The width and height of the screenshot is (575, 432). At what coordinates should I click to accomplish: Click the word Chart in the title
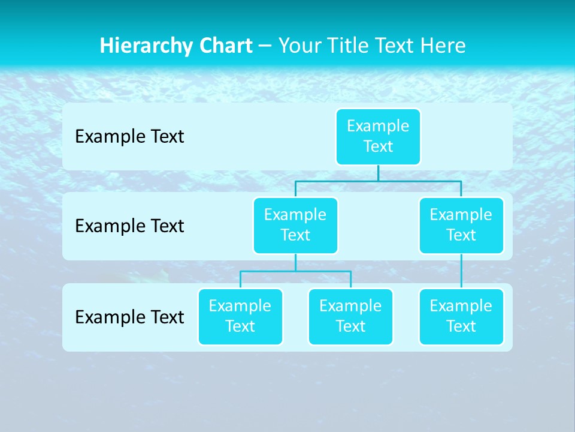pyautogui.click(x=225, y=46)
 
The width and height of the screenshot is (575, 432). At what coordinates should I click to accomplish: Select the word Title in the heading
pyautogui.click(x=345, y=46)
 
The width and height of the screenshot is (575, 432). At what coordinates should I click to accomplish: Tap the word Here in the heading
pyautogui.click(x=443, y=46)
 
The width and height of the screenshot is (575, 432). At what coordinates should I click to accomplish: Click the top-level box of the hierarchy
pyautogui.click(x=378, y=136)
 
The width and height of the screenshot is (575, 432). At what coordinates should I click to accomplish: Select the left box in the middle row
pyautogui.click(x=295, y=225)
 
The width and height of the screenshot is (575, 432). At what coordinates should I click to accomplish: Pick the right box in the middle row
pyautogui.click(x=461, y=225)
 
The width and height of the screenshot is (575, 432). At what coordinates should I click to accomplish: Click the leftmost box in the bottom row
pyautogui.click(x=240, y=316)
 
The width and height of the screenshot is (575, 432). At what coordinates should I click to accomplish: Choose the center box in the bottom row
pyautogui.click(x=350, y=316)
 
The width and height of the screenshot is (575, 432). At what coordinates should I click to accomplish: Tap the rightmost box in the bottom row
pyautogui.click(x=461, y=316)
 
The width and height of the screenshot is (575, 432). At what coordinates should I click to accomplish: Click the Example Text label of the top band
pyautogui.click(x=129, y=137)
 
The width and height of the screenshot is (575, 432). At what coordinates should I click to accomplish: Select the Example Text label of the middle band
pyautogui.click(x=129, y=226)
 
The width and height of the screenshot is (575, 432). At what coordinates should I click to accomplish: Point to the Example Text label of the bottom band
pyautogui.click(x=129, y=317)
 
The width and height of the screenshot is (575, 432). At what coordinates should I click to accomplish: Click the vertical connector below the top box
pyautogui.click(x=378, y=173)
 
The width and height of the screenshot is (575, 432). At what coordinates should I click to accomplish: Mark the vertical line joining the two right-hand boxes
pyautogui.click(x=461, y=271)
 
